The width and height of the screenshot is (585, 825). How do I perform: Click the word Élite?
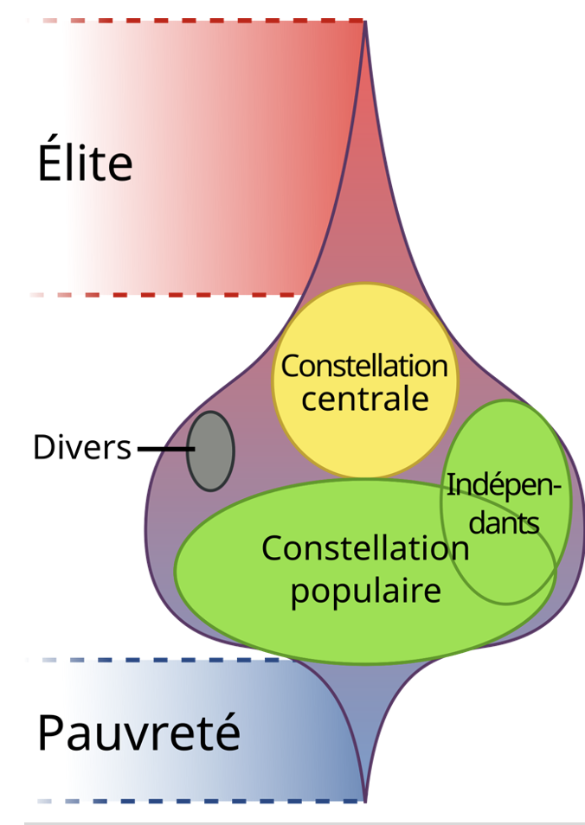(x=85, y=163)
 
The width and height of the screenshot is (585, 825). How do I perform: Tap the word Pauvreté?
(x=138, y=733)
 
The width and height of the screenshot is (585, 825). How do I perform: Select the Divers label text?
(x=82, y=448)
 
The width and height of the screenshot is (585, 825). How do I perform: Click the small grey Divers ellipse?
(x=210, y=451)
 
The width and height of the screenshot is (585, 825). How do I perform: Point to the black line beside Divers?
(x=165, y=449)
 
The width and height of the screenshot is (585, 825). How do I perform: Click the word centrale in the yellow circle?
(x=365, y=399)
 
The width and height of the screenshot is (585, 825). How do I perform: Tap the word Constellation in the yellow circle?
(x=364, y=366)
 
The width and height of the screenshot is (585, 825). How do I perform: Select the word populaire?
(x=365, y=592)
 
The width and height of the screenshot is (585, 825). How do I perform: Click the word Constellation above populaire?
(x=365, y=548)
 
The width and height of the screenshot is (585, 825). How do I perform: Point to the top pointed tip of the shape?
(x=365, y=22)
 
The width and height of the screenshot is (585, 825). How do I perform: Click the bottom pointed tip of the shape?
(x=365, y=800)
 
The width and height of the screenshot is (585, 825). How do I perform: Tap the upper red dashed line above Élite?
(x=199, y=19)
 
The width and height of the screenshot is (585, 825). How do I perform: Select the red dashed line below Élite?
(x=173, y=294)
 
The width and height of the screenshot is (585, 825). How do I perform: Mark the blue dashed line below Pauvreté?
(x=199, y=801)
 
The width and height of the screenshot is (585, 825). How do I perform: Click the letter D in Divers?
(x=43, y=448)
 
